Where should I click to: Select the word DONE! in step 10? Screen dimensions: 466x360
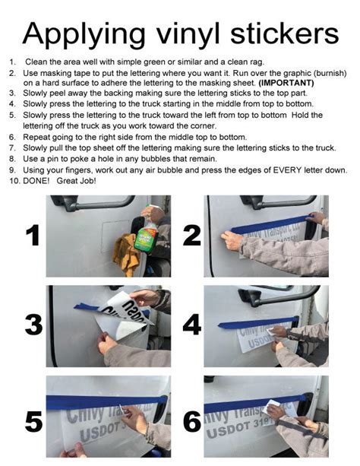(x=36, y=182)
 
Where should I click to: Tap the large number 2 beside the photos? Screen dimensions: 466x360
(x=191, y=236)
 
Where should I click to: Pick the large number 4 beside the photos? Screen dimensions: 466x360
(x=191, y=325)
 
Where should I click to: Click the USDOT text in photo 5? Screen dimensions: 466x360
(x=87, y=438)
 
